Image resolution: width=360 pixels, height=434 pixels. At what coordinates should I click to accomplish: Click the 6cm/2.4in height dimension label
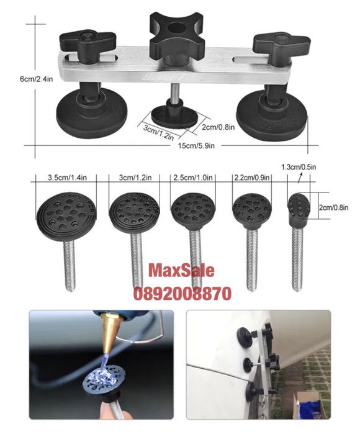click(36, 79)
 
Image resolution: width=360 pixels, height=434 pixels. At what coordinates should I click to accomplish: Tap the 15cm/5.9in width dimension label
click(196, 145)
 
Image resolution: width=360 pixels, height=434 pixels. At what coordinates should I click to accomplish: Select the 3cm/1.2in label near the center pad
click(158, 132)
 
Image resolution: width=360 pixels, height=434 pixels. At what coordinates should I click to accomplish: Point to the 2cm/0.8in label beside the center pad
click(218, 127)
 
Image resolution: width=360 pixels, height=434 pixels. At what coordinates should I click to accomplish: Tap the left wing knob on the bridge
click(87, 44)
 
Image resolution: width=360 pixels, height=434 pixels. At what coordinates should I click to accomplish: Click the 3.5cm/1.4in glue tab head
click(66, 215)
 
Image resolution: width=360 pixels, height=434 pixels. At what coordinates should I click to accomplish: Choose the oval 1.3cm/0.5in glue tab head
click(299, 207)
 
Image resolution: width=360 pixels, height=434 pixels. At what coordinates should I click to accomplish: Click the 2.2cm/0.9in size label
click(252, 178)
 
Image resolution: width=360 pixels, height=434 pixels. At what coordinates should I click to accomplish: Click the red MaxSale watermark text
click(181, 271)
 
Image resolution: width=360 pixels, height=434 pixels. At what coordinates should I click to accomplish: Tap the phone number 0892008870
click(182, 294)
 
